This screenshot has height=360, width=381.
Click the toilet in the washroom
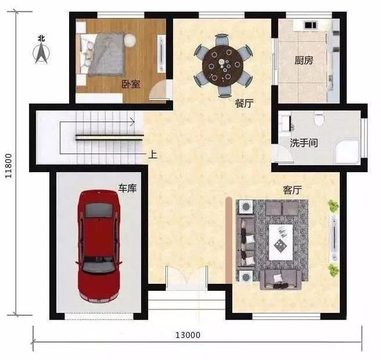[x=319, y=119]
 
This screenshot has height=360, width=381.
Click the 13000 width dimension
[x=188, y=335]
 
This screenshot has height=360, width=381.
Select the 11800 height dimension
[x=8, y=166]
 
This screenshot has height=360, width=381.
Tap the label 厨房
[x=304, y=60]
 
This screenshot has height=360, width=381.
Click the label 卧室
[x=131, y=84]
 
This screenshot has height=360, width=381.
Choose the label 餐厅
[x=244, y=104]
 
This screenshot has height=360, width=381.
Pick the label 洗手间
[x=304, y=143]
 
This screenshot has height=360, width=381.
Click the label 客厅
[x=292, y=190]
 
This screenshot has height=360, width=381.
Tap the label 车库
[x=127, y=188]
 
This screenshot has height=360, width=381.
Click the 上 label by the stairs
[x=153, y=155]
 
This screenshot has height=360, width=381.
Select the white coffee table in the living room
[x=281, y=242]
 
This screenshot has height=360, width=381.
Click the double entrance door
[x=186, y=277]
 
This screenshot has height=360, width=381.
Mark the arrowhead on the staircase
[x=133, y=122]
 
